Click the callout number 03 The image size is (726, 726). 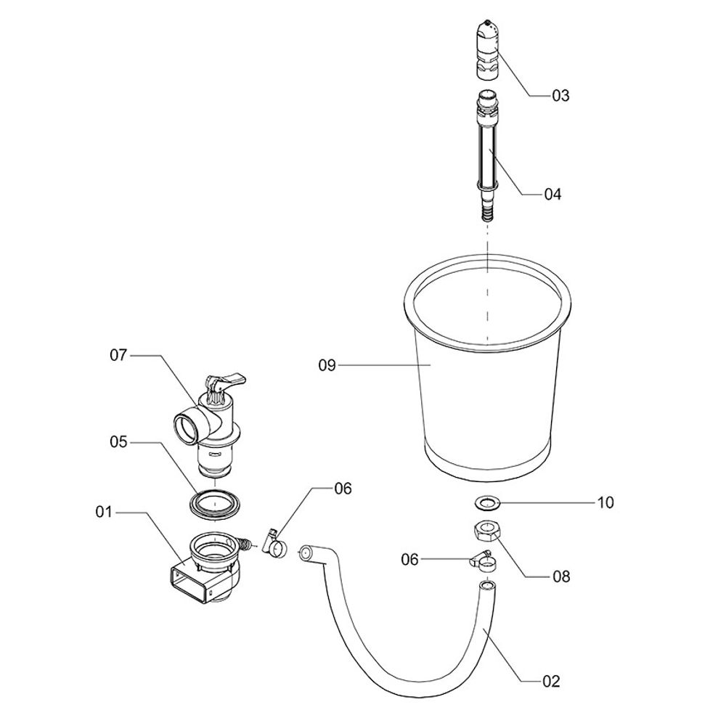(x=560, y=96)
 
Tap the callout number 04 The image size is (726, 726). (x=552, y=195)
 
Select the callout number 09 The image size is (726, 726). (x=327, y=365)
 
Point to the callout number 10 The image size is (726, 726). (x=605, y=502)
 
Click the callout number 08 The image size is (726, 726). (x=561, y=576)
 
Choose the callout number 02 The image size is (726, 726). (x=551, y=681)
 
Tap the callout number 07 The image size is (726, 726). (x=118, y=355)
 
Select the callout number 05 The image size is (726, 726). (x=118, y=441)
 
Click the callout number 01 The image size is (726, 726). (x=104, y=512)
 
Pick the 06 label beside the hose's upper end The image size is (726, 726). (x=409, y=560)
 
